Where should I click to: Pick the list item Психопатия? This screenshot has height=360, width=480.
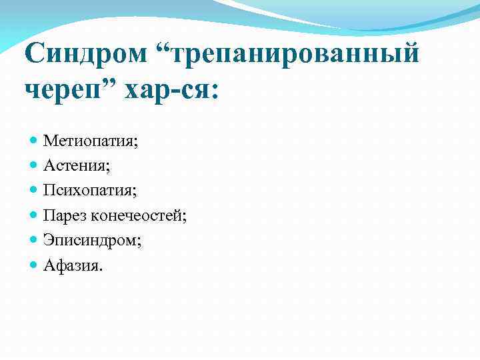pos(89,190)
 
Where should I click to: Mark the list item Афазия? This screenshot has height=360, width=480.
pos(73,265)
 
